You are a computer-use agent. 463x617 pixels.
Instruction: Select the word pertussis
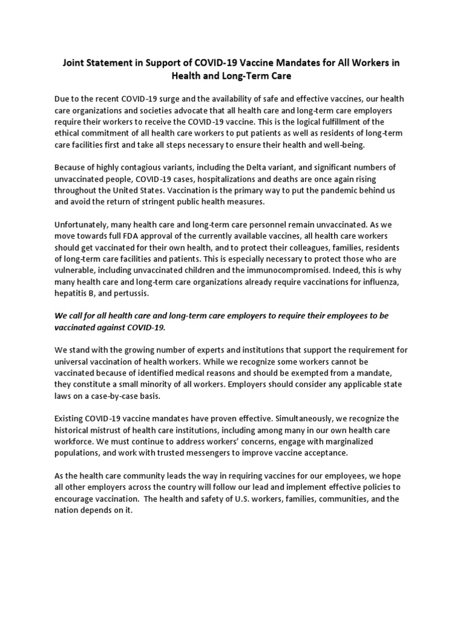point(133,292)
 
